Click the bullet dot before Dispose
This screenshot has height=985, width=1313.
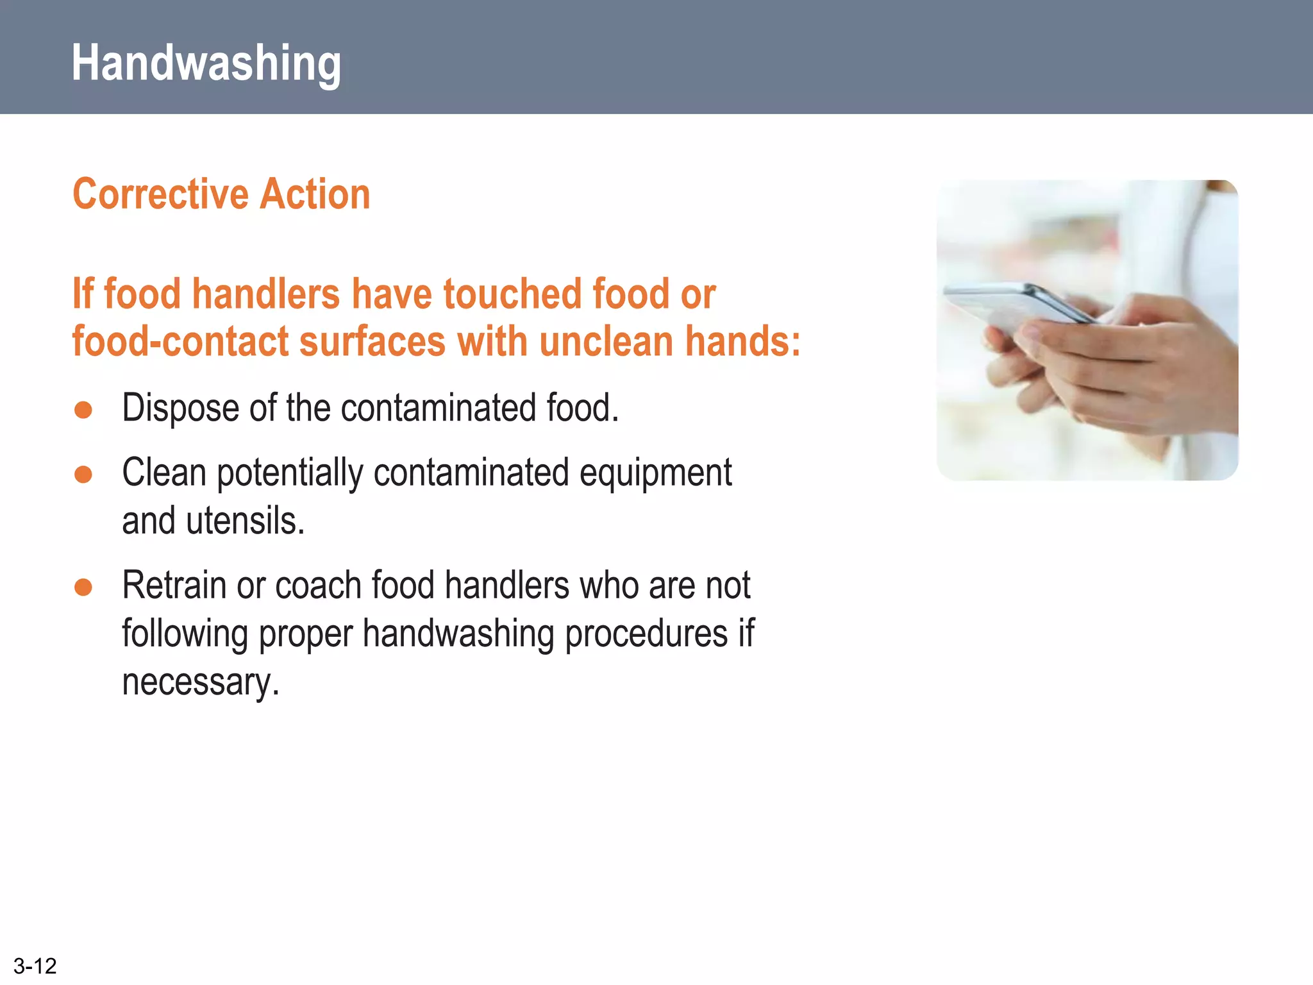[x=83, y=410]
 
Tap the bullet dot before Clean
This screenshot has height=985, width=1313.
[x=83, y=474]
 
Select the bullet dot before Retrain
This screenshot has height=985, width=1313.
[x=83, y=587]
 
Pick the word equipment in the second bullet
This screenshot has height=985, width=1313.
[x=655, y=474]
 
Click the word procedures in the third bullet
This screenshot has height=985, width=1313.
[x=646, y=634]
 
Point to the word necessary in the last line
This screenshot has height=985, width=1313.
[x=199, y=682]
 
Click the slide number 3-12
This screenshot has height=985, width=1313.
[x=35, y=966]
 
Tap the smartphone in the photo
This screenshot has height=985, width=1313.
[x=1019, y=305]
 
